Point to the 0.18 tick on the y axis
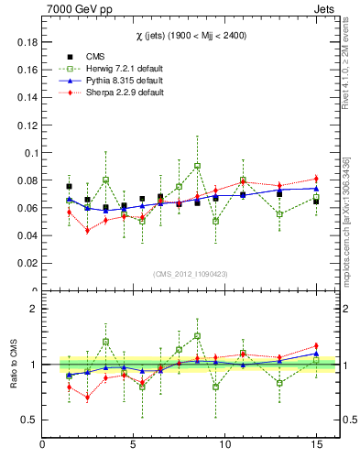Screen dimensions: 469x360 [x=27, y=42]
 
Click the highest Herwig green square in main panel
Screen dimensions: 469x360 [x=197, y=166]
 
